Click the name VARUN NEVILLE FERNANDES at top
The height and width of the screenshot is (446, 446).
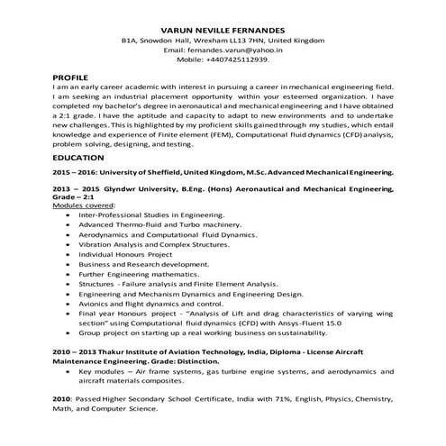click(223, 29)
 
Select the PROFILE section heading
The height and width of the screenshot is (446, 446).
click(71, 79)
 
